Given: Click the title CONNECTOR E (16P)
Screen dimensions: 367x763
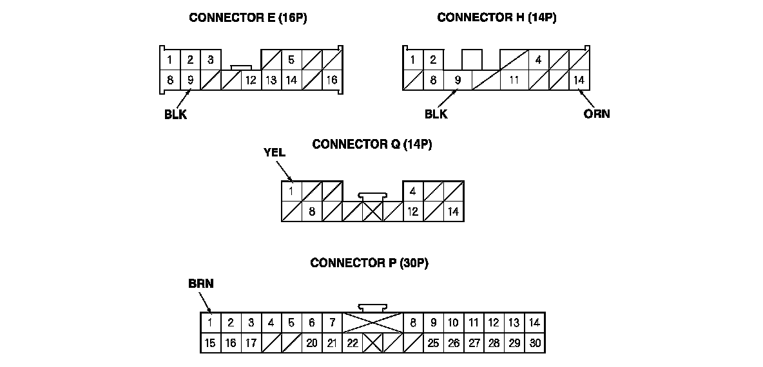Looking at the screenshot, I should [x=247, y=17].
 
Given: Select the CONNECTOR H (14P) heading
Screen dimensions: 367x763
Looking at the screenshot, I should [x=496, y=17].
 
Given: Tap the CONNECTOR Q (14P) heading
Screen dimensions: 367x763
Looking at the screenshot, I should [x=372, y=144].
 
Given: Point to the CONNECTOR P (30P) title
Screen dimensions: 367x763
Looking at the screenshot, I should [x=369, y=263].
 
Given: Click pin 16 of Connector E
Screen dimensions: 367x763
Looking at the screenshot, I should [x=332, y=80].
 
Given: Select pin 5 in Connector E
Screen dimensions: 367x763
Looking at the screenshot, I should [x=291, y=61].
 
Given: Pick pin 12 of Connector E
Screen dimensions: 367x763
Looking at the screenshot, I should [x=251, y=80].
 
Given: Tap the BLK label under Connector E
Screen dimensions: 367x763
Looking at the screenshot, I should [x=175, y=116].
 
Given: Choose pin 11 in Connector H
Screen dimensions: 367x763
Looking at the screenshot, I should [x=514, y=80].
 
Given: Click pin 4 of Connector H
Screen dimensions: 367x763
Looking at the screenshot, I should [x=538, y=61].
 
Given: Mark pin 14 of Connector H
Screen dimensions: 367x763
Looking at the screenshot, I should [x=579, y=80].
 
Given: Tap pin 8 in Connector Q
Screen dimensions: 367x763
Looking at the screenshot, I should [x=312, y=211].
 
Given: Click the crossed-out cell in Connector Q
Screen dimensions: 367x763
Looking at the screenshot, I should [x=372, y=211].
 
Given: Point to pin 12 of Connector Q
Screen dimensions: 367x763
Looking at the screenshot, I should [x=412, y=211].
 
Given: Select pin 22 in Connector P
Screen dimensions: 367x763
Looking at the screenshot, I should [x=352, y=343].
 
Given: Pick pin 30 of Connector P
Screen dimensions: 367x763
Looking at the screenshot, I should [x=535, y=343].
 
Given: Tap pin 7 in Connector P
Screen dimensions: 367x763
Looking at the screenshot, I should [x=332, y=323].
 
